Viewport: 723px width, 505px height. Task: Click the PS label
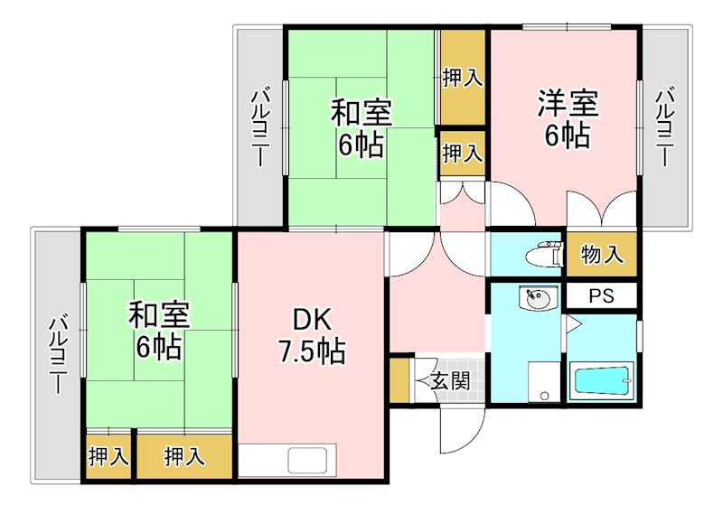[601, 295]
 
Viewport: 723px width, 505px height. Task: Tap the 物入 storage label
[602, 255]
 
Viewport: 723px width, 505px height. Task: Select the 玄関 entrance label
[449, 380]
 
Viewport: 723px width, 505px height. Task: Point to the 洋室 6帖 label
[568, 119]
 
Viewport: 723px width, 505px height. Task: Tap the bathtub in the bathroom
[602, 380]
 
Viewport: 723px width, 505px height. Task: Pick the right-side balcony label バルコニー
[665, 126]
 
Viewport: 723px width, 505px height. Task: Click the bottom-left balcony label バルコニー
[56, 353]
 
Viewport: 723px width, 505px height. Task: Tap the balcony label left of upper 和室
[260, 126]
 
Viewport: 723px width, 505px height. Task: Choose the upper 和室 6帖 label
[361, 128]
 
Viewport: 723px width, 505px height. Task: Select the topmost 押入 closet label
[463, 79]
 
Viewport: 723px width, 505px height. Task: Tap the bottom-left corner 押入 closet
[108, 457]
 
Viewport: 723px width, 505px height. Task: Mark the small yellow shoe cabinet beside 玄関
[399, 380]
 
